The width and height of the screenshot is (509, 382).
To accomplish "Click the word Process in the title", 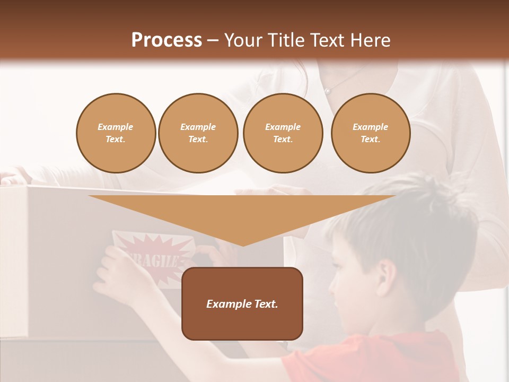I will pos(166,40).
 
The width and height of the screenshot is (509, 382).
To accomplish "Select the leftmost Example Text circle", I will pos(116,133).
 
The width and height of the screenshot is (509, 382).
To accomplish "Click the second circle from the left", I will pos(198,133).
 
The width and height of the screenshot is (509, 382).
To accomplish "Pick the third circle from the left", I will pos(283,133).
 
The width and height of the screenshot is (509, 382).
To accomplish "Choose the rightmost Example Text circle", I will pos(370,133).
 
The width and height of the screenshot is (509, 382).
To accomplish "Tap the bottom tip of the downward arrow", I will pos(242,245).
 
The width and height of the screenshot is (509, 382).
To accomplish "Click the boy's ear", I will pos(387,271).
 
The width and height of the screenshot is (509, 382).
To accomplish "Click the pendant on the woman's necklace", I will pos(328,91).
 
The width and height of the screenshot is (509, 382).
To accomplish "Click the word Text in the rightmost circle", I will pos(370,140).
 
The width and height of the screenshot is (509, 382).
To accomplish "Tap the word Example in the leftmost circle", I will pos(116,127).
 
